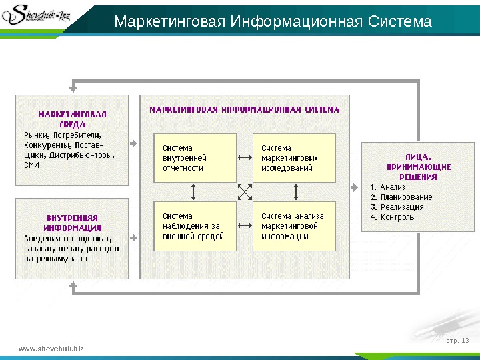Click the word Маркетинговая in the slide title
click(x=170, y=23)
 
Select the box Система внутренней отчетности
click(x=195, y=158)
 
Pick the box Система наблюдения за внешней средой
click(x=195, y=226)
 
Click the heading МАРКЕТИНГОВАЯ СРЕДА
click(x=72, y=118)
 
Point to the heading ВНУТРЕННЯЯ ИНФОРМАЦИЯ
click(x=72, y=223)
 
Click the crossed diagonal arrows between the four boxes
click(x=245, y=192)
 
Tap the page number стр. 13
click(x=457, y=341)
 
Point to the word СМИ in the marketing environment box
click(x=31, y=164)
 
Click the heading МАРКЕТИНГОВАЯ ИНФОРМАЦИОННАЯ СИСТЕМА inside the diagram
click(x=244, y=109)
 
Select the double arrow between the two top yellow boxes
click(x=245, y=158)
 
